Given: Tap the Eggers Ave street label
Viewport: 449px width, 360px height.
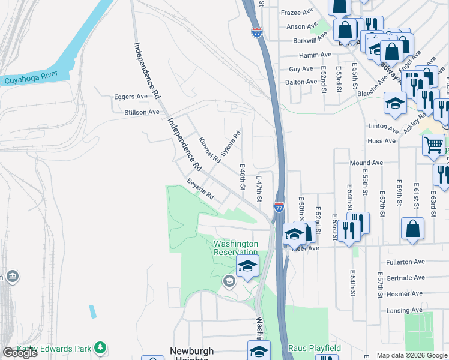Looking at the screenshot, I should click(x=131, y=97).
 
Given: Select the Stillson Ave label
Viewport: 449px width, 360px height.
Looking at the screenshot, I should click(x=142, y=112).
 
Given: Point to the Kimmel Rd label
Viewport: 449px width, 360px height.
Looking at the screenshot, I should click(x=209, y=148).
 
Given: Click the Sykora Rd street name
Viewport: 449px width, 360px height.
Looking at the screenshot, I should click(x=231, y=144).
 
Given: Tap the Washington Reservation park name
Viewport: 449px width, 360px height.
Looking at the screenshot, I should click(x=236, y=248).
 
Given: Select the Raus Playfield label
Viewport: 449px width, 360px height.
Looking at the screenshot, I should click(x=315, y=348).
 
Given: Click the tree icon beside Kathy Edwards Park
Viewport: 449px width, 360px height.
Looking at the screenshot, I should click(x=100, y=348).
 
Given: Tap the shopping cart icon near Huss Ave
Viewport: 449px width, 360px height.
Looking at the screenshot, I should click(x=433, y=144).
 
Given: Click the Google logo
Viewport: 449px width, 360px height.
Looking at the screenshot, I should click(x=20, y=353).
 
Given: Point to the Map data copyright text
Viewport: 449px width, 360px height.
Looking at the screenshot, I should click(x=412, y=355).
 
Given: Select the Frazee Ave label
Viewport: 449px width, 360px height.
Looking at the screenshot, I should click(x=298, y=12).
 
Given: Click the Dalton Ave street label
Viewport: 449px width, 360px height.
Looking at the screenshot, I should click(x=301, y=82).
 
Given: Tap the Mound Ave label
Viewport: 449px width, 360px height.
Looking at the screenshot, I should click(x=366, y=163).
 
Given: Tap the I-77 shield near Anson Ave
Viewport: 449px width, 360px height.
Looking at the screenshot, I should click(x=256, y=32).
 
